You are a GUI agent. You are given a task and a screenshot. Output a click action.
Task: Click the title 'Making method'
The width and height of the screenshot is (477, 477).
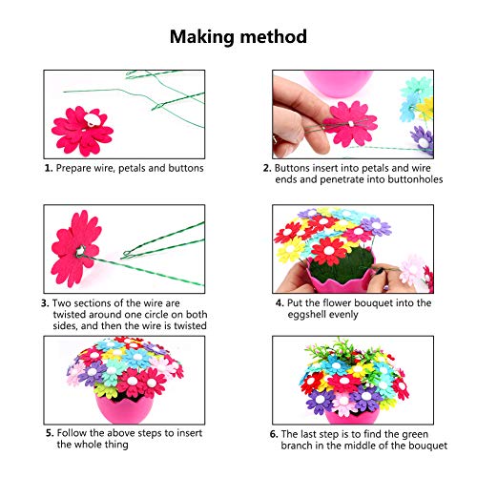tap(238, 37)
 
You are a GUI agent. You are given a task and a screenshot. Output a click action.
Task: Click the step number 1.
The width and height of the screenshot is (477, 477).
tap(48, 168)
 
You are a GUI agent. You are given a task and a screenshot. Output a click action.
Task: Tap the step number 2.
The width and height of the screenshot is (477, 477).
tap(266, 168)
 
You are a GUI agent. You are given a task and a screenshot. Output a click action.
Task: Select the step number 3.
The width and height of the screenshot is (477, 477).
tap(45, 303)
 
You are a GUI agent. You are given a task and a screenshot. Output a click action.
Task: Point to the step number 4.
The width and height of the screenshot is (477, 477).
tap(265, 303)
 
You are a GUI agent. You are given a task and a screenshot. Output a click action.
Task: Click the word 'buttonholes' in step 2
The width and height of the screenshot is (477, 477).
tap(387, 179)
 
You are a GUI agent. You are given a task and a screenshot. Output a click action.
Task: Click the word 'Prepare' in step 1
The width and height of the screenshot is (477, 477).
tap(77, 168)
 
